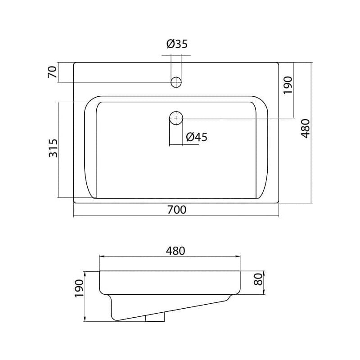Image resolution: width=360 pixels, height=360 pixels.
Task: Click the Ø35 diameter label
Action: pos(177,44)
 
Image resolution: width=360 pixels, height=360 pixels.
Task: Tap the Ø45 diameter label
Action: pos(197,137)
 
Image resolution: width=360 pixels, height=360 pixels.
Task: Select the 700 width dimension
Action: pos(176,210)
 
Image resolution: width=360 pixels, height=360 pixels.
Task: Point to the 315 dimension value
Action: pos(54,148)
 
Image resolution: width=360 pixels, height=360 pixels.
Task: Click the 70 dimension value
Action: pos(52,72)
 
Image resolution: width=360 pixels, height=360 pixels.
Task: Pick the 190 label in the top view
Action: pos(288,85)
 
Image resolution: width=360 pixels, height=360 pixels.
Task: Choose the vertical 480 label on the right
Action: pos(306,129)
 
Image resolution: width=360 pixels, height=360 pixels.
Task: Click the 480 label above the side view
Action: pos(175,251)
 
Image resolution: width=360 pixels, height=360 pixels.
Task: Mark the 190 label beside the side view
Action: pos(80,288)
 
